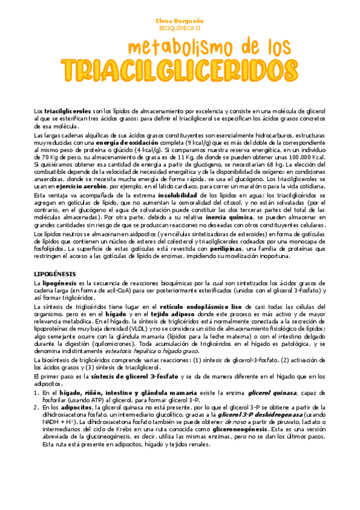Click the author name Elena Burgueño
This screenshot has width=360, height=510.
pos(180,20)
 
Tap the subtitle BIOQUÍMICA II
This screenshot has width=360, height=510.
pos(180,28)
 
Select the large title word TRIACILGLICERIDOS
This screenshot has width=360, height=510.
pos(180,70)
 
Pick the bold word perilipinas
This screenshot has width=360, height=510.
pos(245,248)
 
